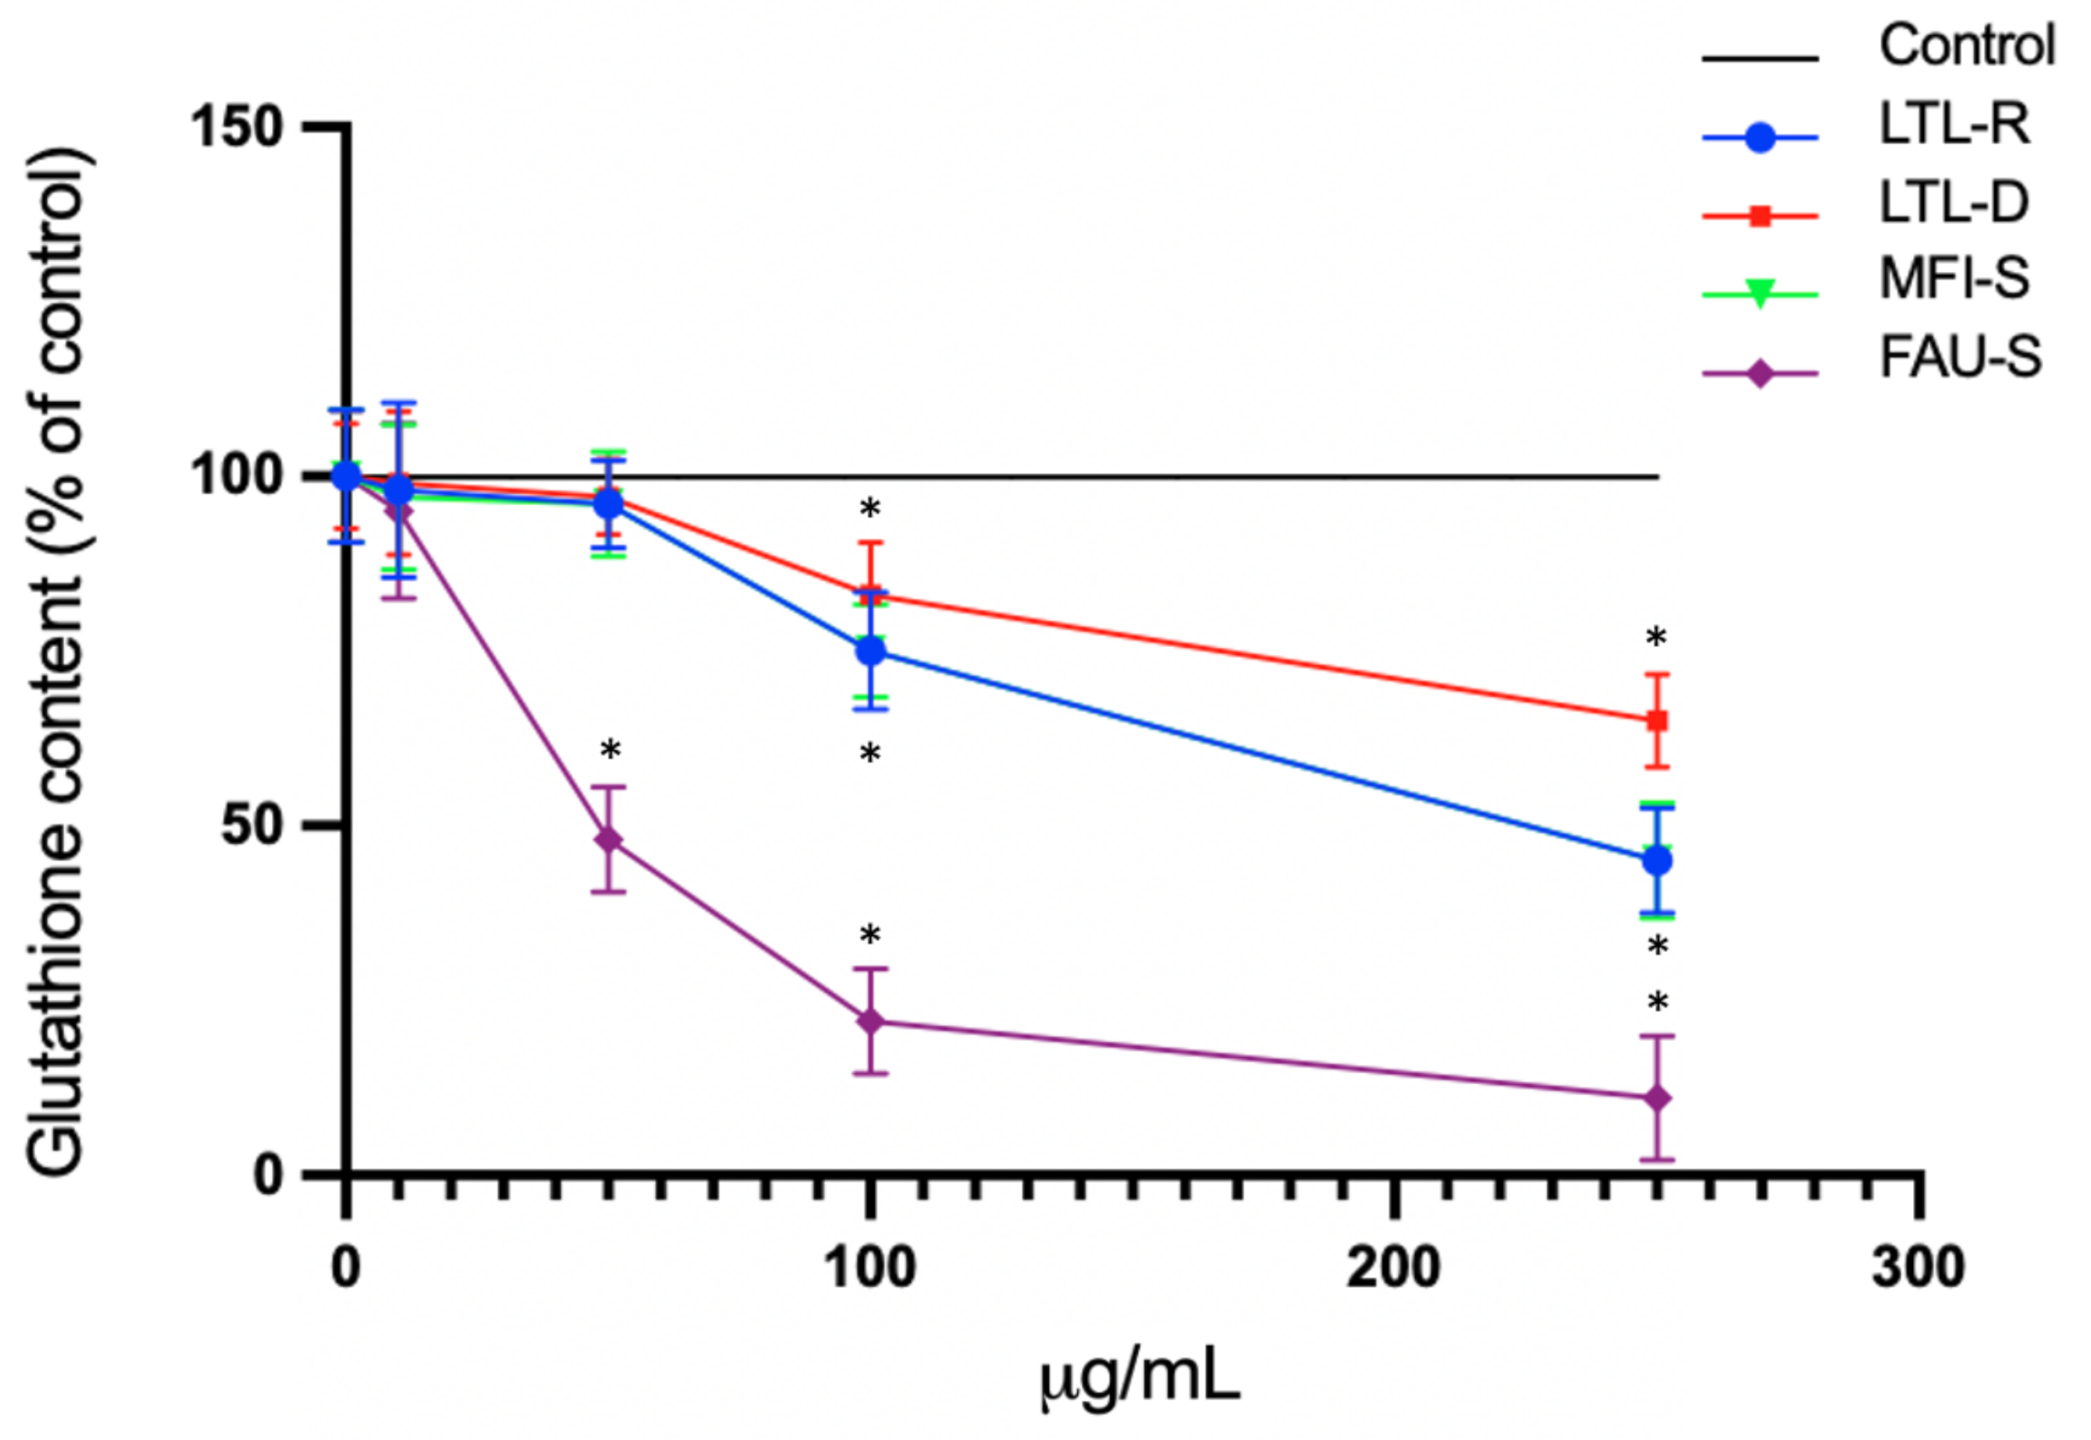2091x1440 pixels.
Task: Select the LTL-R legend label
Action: pos(1954,125)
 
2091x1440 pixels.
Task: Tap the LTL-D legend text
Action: pos(1954,202)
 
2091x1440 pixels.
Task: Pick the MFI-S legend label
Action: pos(1954,279)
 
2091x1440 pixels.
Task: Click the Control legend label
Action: pos(1966,45)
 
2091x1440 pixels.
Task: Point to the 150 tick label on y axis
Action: pos(236,127)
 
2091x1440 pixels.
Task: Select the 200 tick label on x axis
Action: pos(1392,1268)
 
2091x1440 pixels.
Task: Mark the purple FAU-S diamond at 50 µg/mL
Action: pos(610,839)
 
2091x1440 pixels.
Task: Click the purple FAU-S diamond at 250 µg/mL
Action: pos(1657,1099)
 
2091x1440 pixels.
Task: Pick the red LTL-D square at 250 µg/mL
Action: pos(1657,720)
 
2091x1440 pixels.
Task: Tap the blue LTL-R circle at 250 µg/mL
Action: pos(1657,861)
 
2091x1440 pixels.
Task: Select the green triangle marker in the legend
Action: pos(1759,294)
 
